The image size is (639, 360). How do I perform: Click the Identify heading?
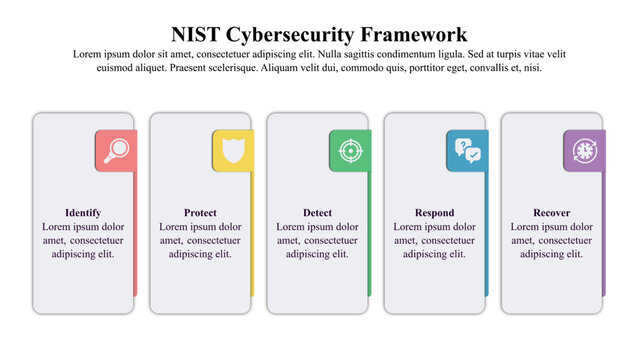83,213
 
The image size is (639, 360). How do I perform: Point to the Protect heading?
200,213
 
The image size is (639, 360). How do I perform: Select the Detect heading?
317,213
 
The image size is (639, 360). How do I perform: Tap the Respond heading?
434,213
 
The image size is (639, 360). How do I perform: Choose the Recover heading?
551,213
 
